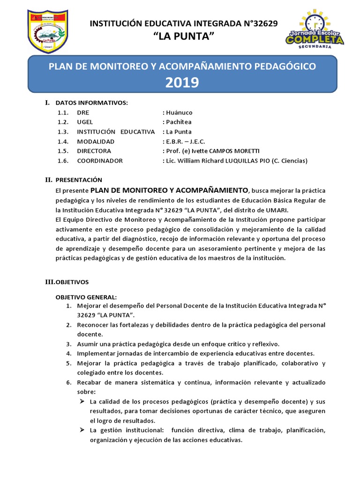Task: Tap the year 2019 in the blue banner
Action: tap(182, 82)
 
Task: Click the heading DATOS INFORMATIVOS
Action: tap(92, 103)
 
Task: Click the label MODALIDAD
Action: tap(96, 141)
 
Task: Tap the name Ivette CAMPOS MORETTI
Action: tap(225, 151)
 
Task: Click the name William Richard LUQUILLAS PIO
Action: tap(225, 160)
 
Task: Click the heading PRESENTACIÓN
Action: tap(79, 180)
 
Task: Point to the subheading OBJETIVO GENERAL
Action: tap(86, 297)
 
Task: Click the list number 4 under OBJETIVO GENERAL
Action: tap(68, 353)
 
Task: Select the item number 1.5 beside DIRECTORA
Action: tap(63, 151)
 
